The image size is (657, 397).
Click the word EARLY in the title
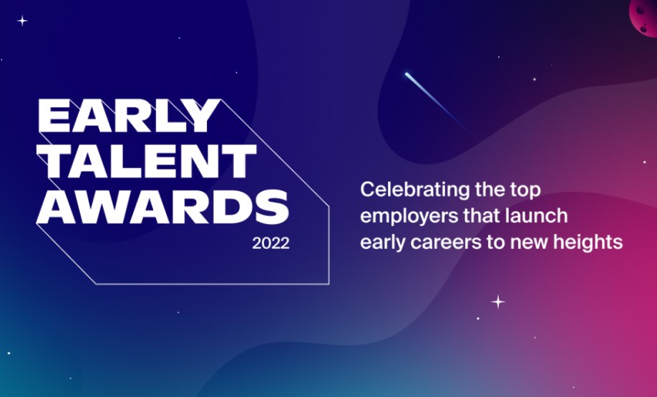129,116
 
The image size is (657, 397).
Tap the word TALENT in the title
147,161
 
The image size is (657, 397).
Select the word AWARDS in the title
163,207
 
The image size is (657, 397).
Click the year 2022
271,244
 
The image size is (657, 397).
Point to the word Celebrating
415,190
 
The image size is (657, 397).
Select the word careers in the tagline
446,243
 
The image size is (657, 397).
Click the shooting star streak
437,102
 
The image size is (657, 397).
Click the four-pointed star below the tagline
498,302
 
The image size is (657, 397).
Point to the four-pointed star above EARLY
22,21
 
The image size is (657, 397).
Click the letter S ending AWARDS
272,207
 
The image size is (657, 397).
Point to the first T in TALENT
54,161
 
